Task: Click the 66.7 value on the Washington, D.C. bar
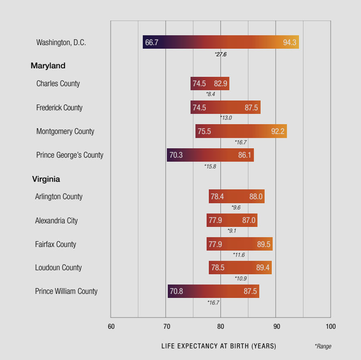point(152,43)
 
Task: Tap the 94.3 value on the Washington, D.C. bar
point(290,43)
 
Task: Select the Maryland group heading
point(48,66)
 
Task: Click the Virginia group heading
point(46,179)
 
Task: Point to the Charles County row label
point(58,83)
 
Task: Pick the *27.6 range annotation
point(221,54)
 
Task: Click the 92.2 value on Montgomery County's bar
point(278,131)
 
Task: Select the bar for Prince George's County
point(210,155)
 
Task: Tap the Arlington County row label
point(59,197)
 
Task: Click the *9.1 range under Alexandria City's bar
point(232,231)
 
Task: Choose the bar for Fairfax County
point(239,244)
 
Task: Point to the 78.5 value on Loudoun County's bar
point(217,268)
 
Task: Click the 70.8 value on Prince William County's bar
point(176,291)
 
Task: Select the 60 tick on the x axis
point(111,327)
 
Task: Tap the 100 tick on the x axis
point(331,327)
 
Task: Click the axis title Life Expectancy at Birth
point(219,346)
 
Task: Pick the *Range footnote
point(323,346)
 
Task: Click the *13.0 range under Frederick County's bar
point(226,118)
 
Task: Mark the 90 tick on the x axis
point(276,327)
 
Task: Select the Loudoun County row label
point(58,268)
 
